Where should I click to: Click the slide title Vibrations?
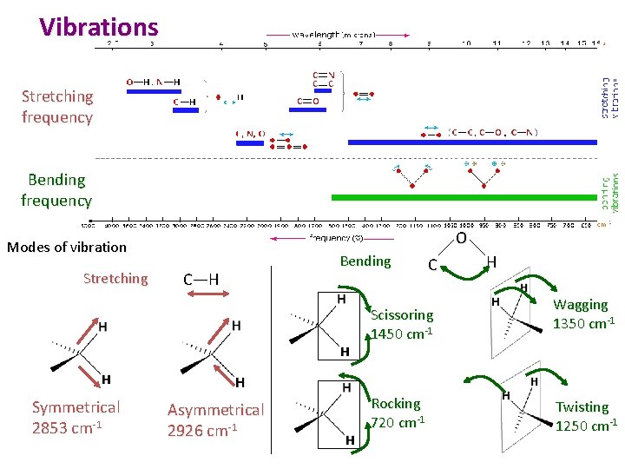[99, 27]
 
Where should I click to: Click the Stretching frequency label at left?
[57, 106]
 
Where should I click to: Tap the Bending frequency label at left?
[56, 189]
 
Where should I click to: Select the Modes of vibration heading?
[67, 247]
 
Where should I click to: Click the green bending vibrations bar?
[464, 197]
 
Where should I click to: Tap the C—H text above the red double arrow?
[201, 279]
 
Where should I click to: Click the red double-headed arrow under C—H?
[201, 296]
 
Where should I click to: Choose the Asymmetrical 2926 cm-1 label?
[215, 419]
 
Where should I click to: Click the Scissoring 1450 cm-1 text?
[402, 324]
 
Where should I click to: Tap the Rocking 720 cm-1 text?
[396, 413]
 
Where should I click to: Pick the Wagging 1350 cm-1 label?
[584, 314]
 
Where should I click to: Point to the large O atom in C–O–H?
[461, 238]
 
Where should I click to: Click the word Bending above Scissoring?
[365, 261]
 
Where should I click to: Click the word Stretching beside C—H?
[115, 278]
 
